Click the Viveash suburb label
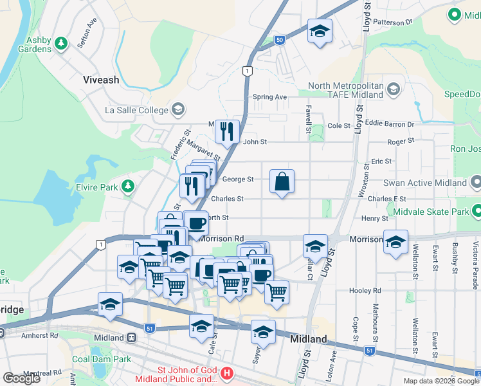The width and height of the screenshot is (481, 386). (x=101, y=80)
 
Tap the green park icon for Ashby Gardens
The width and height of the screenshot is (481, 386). (x=61, y=44)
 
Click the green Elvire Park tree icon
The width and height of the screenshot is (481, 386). (x=129, y=186)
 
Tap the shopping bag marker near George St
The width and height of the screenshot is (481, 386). (x=282, y=182)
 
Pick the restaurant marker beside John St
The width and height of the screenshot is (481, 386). (x=227, y=132)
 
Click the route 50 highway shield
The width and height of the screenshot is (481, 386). (x=278, y=40)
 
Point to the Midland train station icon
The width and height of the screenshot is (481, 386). (x=131, y=337)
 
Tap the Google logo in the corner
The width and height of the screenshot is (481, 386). (x=22, y=378)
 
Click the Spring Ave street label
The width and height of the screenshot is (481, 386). (x=269, y=97)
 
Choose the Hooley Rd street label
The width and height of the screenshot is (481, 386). (x=366, y=290)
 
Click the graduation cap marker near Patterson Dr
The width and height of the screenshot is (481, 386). (x=319, y=32)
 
